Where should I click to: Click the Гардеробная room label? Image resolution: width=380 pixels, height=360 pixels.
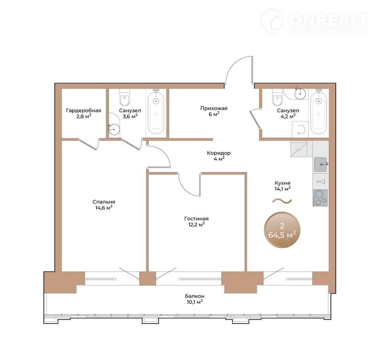click(84, 110)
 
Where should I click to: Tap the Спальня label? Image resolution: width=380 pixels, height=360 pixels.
click(104, 202)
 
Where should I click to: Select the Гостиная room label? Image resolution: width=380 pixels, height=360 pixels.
click(196, 218)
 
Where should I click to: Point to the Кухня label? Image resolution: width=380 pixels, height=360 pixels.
click(282, 183)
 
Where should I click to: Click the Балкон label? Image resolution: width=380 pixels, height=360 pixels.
click(195, 296)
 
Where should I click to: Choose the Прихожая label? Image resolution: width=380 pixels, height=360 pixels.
click(214, 108)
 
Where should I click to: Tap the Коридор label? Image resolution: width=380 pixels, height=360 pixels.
click(218, 153)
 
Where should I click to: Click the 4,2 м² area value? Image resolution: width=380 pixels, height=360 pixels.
click(288, 116)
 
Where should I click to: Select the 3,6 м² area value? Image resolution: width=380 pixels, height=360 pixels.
click(130, 116)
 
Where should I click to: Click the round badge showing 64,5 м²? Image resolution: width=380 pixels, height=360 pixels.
click(282, 230)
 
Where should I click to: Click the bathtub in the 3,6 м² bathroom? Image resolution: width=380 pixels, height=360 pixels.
click(156, 112)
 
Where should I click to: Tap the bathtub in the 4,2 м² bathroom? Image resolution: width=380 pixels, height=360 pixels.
click(319, 112)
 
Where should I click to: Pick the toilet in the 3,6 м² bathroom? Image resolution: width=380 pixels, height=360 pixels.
click(125, 97)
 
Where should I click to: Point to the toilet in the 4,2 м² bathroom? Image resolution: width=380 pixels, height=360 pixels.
click(277, 97)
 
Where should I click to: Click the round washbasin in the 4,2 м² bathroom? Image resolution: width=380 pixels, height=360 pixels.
click(300, 93)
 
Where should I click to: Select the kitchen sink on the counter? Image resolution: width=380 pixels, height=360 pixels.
click(320, 165)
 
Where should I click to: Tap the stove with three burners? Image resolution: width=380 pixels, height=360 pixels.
click(320, 198)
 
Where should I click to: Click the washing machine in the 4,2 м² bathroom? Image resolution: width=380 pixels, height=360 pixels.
click(300, 129)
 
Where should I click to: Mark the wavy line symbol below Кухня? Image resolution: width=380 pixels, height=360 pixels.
click(282, 201)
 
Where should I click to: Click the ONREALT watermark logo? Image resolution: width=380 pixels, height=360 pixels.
click(315, 22)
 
